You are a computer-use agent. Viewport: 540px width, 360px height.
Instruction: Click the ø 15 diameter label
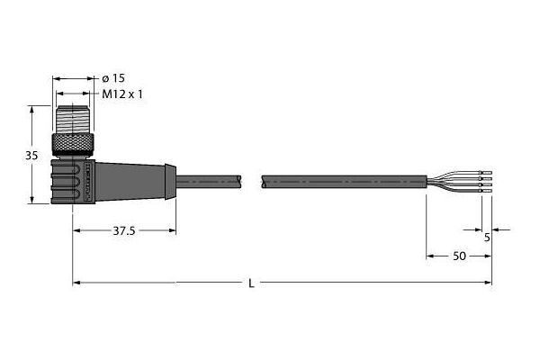point(113,78)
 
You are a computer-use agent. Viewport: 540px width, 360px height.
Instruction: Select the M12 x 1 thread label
point(122,94)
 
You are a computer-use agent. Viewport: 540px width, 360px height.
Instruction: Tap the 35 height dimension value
point(31,156)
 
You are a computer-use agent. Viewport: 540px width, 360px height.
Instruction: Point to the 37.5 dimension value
point(124,230)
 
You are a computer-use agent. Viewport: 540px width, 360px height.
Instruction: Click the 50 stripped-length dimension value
point(459,256)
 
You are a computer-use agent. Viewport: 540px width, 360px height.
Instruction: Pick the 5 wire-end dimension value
point(487,238)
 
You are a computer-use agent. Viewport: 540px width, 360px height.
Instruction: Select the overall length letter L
point(252,283)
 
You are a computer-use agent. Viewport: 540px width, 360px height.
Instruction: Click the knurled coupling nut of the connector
point(73,146)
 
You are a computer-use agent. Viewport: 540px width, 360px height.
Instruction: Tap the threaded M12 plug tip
point(73,120)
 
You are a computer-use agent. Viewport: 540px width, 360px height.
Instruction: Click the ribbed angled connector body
point(73,181)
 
